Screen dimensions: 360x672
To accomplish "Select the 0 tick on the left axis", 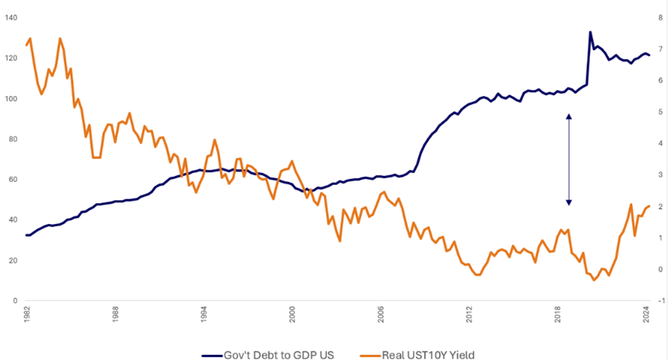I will coord(15,301).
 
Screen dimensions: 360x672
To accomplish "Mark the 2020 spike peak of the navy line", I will coord(590,32).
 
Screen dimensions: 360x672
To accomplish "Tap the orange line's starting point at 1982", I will coord(26,45).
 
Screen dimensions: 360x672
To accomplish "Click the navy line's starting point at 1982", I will coord(26,235).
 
